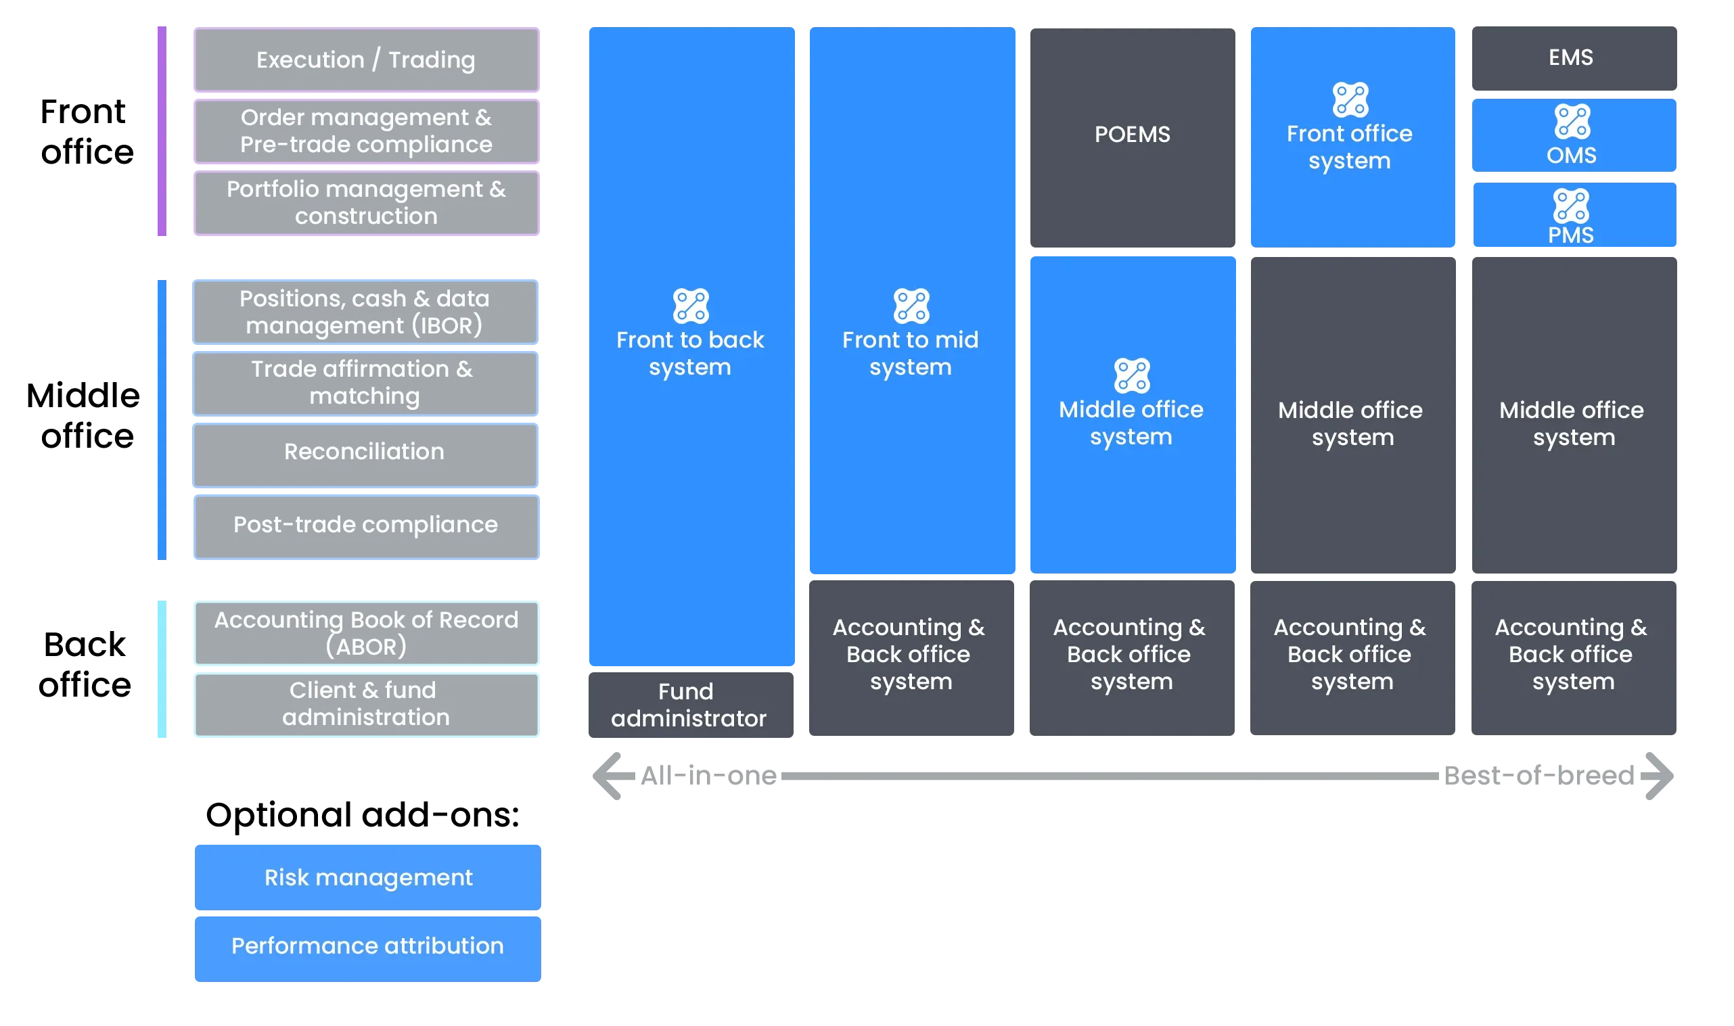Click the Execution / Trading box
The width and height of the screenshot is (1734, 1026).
(x=366, y=60)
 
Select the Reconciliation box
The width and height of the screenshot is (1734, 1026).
(x=365, y=453)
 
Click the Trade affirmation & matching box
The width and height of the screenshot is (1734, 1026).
(x=365, y=383)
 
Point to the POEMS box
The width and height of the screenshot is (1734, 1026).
(x=1133, y=135)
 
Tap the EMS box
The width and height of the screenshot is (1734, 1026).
(x=1573, y=57)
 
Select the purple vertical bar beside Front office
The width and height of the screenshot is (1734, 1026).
(x=162, y=130)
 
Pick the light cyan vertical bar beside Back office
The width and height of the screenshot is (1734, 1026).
(x=162, y=671)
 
